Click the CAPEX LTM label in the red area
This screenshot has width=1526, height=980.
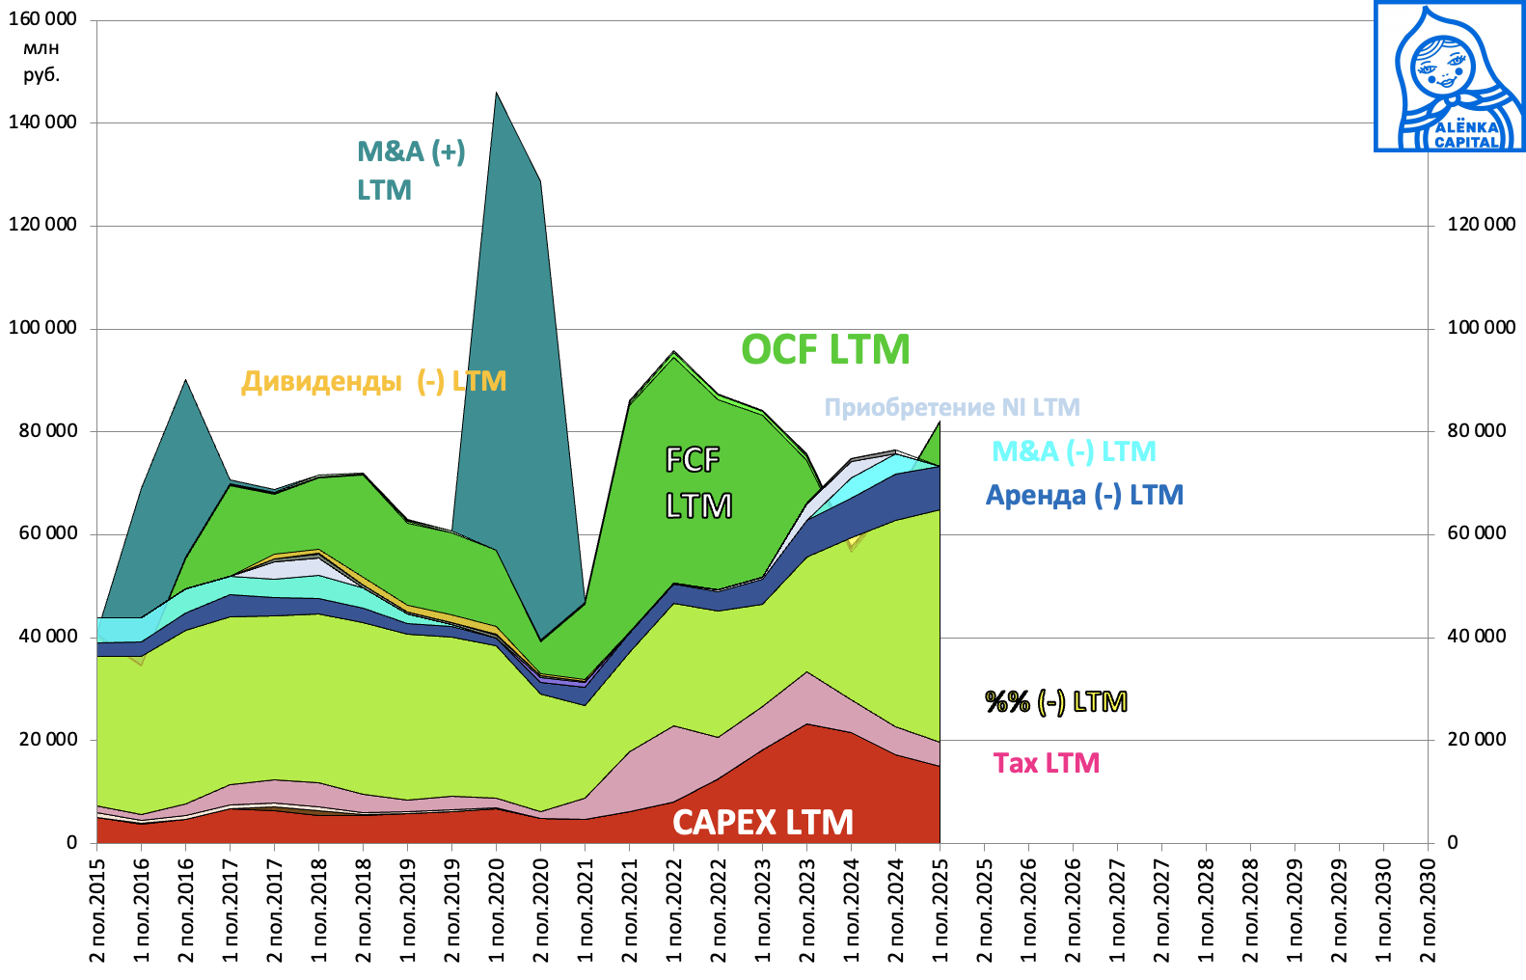point(762,823)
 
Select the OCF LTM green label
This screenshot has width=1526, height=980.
point(825,349)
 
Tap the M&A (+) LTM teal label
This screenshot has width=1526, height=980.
point(411,170)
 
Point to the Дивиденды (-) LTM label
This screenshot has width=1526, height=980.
point(373,381)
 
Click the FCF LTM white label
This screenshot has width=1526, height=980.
point(698,482)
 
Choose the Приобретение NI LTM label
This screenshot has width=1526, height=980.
point(951,407)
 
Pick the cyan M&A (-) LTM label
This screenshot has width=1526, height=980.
point(1073,451)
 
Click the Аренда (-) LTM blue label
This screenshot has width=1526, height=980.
point(1084,496)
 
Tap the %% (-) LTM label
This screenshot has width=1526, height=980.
point(1055,701)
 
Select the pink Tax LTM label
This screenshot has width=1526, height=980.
point(1047,763)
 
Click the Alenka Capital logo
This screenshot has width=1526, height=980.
point(1449,76)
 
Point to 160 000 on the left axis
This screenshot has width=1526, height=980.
point(42,19)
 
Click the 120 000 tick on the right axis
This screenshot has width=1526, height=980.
point(1481,225)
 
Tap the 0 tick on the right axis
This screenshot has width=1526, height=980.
point(1453,842)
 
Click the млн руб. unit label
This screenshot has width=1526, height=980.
point(41,61)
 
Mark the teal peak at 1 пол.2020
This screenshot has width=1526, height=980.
point(497,94)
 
